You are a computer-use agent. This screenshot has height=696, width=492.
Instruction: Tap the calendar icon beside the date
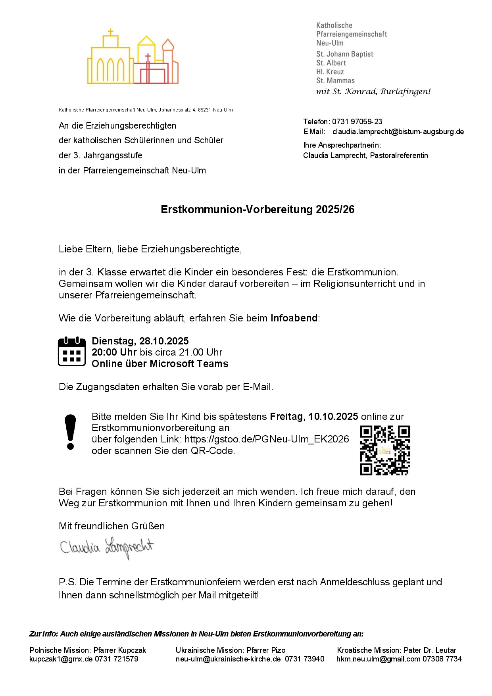(72, 352)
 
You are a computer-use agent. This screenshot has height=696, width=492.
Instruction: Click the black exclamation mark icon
(71, 432)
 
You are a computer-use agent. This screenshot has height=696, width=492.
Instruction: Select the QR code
(385, 450)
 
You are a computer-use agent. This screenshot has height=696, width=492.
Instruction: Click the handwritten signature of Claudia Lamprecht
(106, 548)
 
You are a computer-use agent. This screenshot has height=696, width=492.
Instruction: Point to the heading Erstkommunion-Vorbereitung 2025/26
(258, 210)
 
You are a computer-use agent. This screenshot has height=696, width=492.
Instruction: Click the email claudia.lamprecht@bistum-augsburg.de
(398, 132)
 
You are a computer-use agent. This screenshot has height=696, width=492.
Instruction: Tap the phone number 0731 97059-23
(357, 122)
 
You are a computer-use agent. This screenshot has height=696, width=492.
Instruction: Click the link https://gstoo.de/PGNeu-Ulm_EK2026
(267, 439)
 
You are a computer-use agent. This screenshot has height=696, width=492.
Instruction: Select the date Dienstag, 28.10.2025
(140, 341)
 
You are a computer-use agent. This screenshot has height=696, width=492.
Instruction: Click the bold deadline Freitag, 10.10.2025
(314, 417)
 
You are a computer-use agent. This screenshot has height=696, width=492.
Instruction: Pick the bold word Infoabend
(294, 318)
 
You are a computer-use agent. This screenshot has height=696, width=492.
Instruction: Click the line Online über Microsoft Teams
(160, 364)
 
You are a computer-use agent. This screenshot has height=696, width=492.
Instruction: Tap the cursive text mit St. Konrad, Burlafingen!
(373, 92)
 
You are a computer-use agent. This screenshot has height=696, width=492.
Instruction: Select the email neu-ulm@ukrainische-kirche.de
(228, 659)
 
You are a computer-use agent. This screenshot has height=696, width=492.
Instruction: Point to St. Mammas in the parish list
(335, 81)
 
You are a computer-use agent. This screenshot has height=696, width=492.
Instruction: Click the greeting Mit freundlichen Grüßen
(111, 526)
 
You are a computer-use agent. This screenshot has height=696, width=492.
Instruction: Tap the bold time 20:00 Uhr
(114, 352)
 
